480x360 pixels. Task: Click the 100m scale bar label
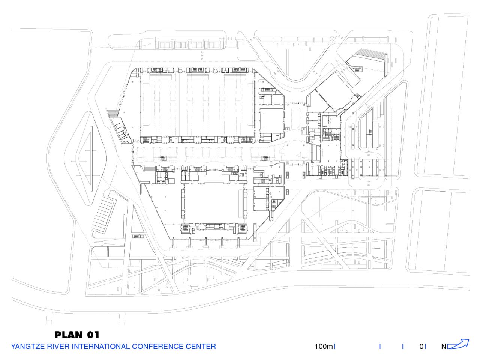(x=323, y=346)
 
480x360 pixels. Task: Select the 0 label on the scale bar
(x=421, y=346)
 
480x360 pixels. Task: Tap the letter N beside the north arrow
(x=444, y=346)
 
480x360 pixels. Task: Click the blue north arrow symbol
(x=458, y=344)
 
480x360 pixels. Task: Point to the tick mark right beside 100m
(x=334, y=346)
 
